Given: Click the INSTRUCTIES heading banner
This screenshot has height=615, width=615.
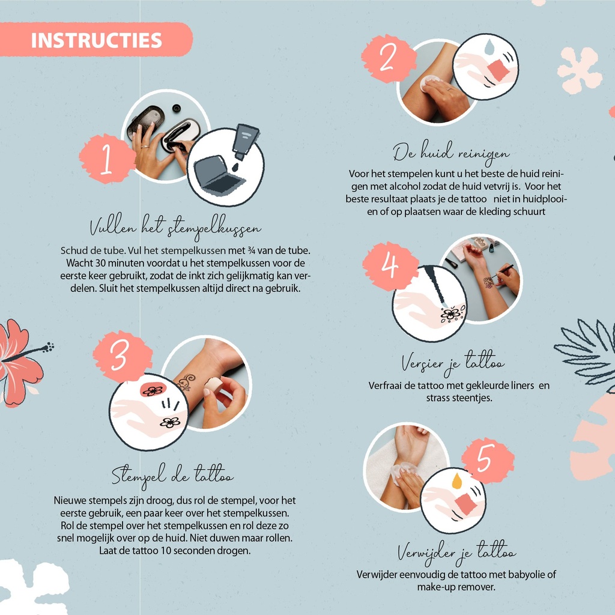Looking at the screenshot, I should pos(96,40).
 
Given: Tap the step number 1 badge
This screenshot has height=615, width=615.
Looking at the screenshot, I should pos(107,159).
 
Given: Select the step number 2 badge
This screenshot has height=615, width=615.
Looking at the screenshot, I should pos(389,58).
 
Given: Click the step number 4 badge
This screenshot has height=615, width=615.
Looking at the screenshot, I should pos(390,266).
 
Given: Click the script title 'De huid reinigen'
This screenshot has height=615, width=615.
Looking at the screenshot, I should pos(451,154).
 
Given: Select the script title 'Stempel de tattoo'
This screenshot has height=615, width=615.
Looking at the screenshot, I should pos(172,476).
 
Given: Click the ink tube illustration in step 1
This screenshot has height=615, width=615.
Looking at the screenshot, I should pos(245,142).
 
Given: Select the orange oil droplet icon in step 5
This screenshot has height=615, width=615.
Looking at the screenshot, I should pos(457,481).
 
